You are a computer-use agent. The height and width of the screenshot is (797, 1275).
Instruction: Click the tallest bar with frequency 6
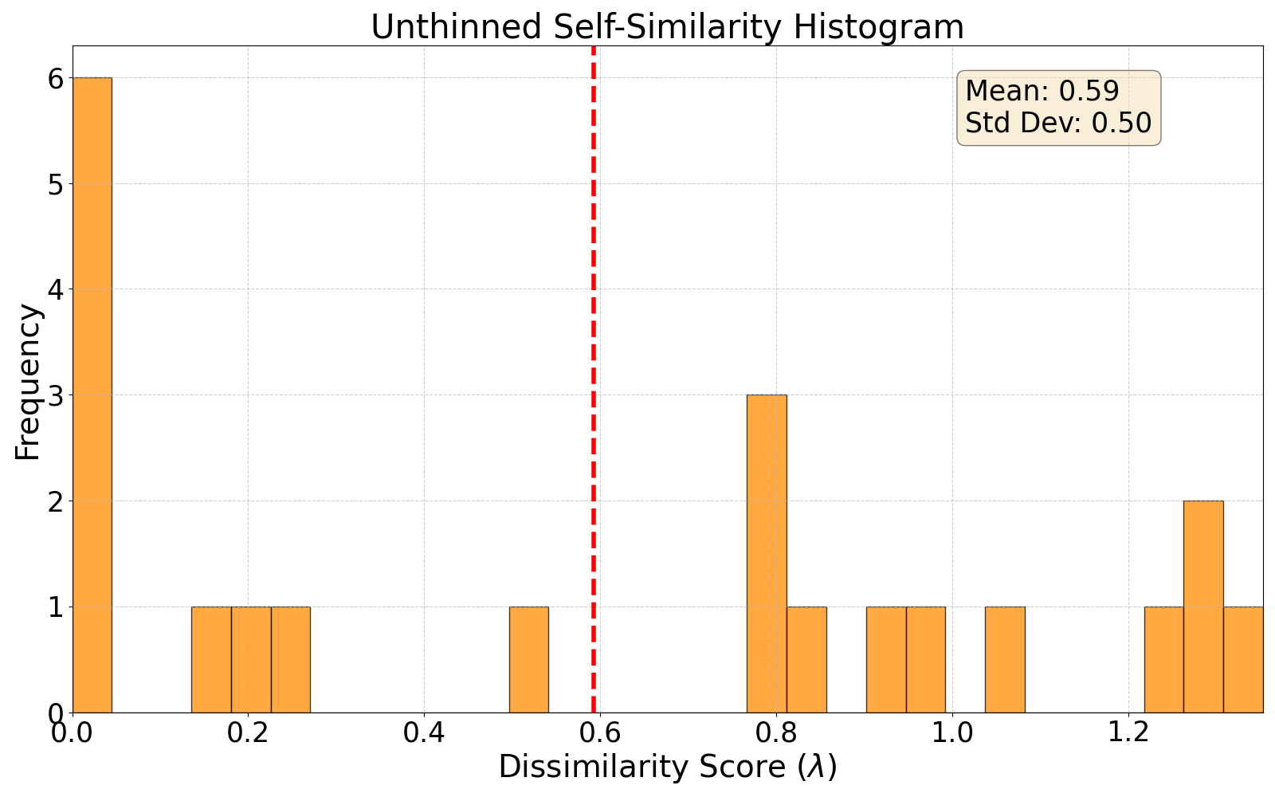pyautogui.click(x=92, y=395)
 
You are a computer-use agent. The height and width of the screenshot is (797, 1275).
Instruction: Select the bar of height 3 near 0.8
pyautogui.click(x=767, y=553)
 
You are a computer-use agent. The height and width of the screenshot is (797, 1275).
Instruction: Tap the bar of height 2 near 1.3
pyautogui.click(x=1203, y=607)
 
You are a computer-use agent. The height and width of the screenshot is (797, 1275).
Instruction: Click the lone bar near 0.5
pyautogui.click(x=529, y=660)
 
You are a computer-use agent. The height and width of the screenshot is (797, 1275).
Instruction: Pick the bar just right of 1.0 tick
pyautogui.click(x=1005, y=660)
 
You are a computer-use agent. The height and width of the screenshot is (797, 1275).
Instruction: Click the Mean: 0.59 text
pyautogui.click(x=1042, y=91)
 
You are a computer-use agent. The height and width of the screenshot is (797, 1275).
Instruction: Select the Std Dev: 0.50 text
pyautogui.click(x=1057, y=123)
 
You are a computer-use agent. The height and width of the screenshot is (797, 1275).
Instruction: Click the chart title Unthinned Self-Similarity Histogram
pyautogui.click(x=667, y=27)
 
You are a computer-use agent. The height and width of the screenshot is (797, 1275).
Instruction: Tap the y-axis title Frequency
pyautogui.click(x=28, y=382)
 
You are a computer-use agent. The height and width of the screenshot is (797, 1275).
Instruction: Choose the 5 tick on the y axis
pyautogui.click(x=55, y=184)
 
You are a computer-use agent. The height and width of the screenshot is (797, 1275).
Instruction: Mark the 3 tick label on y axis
pyautogui.click(x=55, y=395)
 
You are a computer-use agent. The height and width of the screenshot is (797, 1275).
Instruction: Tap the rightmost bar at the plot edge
pyautogui.click(x=1243, y=660)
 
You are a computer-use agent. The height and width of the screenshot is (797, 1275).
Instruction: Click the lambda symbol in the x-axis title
pyautogui.click(x=818, y=768)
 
